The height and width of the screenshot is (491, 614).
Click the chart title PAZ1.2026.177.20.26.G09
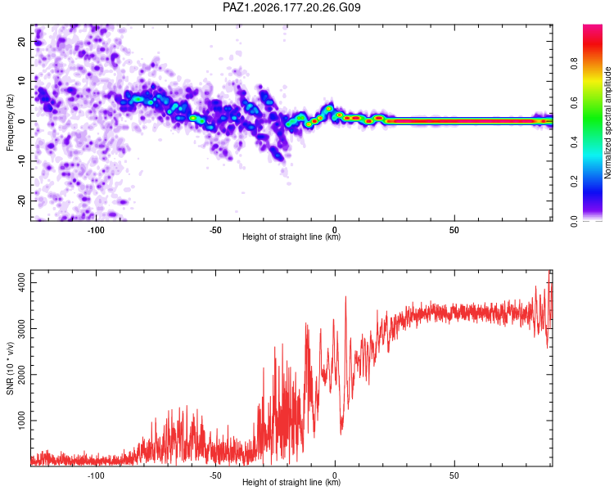tap(291, 7)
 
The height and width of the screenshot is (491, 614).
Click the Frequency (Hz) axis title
tap(10, 123)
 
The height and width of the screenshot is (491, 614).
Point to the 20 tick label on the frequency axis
tap(22, 41)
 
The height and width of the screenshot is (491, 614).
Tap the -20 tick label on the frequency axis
tap(22, 200)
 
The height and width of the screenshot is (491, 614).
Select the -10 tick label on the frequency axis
tap(22, 161)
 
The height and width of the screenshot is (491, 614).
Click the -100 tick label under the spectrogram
tap(96, 230)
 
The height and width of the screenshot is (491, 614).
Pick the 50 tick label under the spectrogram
tap(454, 230)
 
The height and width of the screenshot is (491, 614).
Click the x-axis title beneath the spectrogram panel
tap(291, 236)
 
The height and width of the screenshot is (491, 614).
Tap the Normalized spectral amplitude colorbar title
tap(607, 123)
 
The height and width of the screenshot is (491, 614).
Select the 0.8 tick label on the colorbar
tap(574, 64)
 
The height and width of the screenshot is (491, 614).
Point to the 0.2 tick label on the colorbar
tap(574, 182)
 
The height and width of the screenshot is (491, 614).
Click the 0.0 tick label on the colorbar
tap(574, 221)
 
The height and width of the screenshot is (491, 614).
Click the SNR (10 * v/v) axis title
tap(10, 368)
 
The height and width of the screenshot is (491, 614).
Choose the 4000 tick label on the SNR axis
tap(22, 282)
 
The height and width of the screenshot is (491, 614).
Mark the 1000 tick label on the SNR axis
tap(22, 421)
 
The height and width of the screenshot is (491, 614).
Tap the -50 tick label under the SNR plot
tap(215, 475)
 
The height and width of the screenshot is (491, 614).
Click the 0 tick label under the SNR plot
tap(335, 475)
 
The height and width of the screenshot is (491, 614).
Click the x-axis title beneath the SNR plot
tap(291, 482)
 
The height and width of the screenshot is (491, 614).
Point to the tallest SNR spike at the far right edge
tap(549, 272)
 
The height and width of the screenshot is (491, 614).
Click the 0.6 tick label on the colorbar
tap(574, 103)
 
